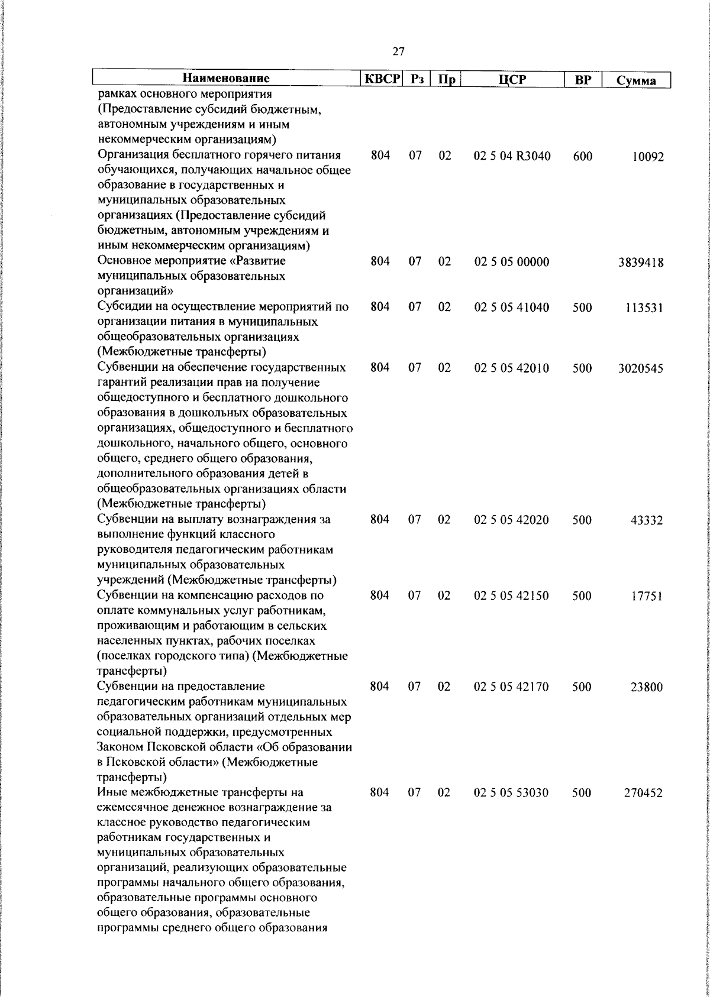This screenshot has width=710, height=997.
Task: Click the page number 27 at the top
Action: click(398, 52)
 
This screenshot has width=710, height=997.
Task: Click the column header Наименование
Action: click(225, 79)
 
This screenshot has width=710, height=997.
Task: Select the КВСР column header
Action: click(381, 79)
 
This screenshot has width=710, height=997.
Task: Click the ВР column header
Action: click(583, 80)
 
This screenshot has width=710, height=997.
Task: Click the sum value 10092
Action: click(647, 157)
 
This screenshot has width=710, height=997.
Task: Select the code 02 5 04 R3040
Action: click(512, 156)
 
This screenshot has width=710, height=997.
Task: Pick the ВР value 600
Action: click(582, 157)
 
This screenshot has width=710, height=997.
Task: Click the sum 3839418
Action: click(640, 263)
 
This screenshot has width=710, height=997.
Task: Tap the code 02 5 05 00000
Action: click(512, 261)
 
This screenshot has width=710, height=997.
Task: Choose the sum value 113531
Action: click(644, 308)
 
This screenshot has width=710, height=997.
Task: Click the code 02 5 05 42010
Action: click(512, 368)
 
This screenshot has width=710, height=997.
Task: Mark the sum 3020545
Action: click(640, 369)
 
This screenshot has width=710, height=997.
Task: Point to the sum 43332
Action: click(647, 521)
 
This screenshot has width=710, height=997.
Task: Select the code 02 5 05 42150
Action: click(512, 595)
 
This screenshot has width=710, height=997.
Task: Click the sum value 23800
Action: click(647, 688)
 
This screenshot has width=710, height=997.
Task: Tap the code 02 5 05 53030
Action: click(512, 792)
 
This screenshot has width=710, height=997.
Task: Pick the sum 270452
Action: click(644, 794)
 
